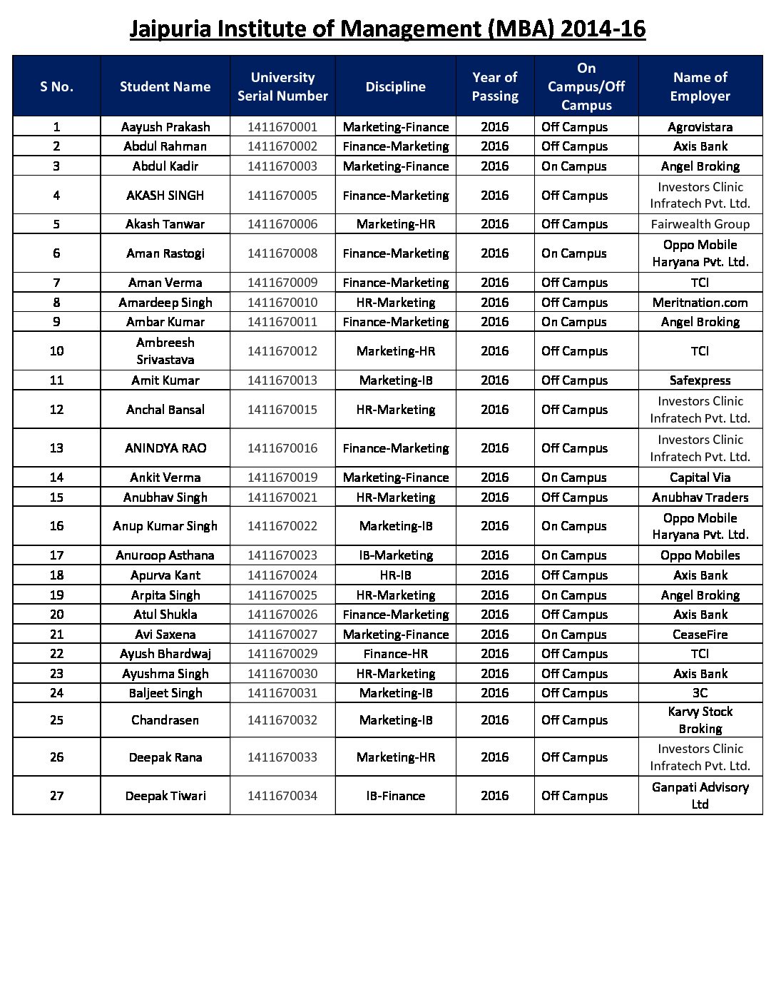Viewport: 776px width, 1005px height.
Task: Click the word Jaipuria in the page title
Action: (170, 29)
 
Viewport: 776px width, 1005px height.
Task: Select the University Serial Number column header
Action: (282, 86)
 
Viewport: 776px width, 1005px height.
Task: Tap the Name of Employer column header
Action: (700, 86)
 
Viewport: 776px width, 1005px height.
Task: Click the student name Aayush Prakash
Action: (165, 127)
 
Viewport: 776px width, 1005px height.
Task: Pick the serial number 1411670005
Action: (282, 196)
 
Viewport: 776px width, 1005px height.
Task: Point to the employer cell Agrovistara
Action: (700, 127)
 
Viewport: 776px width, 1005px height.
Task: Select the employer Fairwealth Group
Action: (700, 224)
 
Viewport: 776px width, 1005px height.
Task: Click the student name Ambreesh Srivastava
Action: (165, 351)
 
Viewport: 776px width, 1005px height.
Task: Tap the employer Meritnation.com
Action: (700, 303)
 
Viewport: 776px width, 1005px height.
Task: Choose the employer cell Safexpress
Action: (700, 380)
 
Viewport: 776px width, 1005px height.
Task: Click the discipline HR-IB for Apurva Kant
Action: (396, 575)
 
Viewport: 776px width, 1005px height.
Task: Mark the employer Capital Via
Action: (700, 478)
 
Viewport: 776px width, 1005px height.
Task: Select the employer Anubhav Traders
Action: (700, 498)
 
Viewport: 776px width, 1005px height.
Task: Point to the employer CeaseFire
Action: (700, 635)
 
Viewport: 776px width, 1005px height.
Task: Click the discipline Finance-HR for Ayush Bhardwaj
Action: (396, 654)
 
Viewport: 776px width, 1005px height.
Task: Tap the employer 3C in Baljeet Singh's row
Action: (700, 693)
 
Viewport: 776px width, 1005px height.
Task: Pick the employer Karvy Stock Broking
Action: (700, 720)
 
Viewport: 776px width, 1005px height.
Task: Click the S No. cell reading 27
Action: (57, 796)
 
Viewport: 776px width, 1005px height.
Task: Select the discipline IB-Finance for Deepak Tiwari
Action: (396, 796)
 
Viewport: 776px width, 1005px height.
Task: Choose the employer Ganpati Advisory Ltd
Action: (700, 796)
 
